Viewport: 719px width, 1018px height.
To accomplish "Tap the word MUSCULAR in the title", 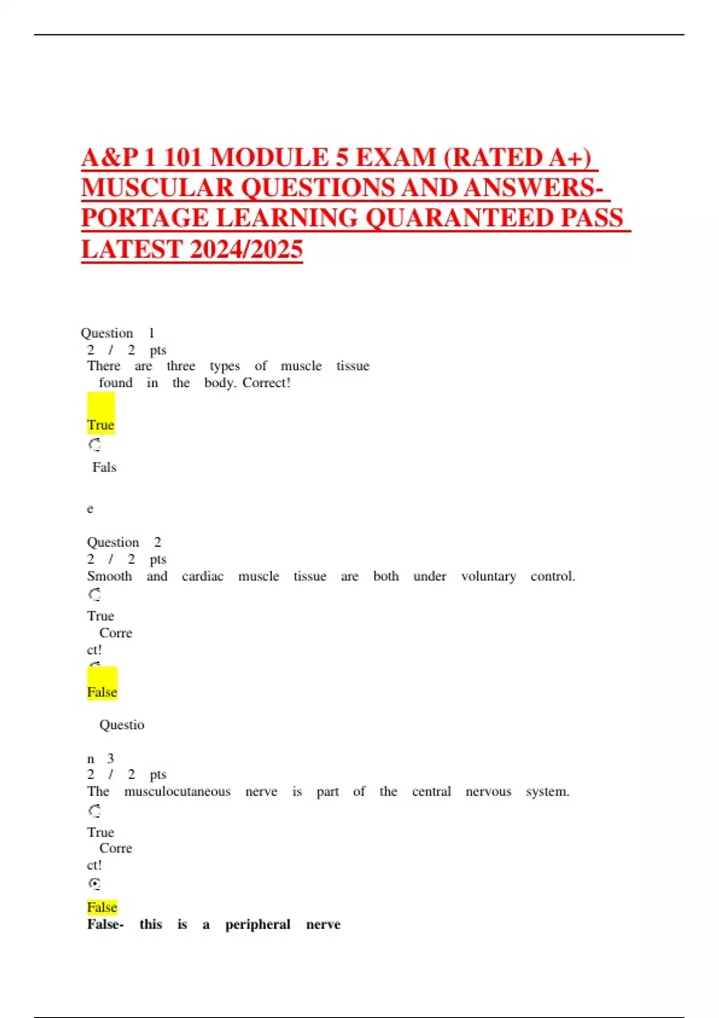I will click(x=157, y=188).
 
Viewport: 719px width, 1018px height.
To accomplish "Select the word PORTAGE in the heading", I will click(x=144, y=218).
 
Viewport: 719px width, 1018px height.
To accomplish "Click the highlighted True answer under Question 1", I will click(x=100, y=425).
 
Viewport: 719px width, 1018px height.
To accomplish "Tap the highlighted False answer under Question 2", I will click(x=102, y=692).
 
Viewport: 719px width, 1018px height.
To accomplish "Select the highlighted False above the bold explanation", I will click(x=102, y=907).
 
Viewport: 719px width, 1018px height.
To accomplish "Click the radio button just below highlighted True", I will click(x=95, y=445).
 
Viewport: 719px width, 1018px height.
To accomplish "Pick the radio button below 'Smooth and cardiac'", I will click(x=95, y=595).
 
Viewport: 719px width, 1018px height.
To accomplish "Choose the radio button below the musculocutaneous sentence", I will click(x=95, y=811).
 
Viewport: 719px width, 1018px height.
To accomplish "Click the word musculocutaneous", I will click(x=177, y=792).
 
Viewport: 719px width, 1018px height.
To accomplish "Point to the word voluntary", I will click(x=488, y=576).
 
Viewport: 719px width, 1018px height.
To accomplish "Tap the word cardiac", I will click(x=203, y=576).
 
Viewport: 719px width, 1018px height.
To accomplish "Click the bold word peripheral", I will click(x=258, y=925).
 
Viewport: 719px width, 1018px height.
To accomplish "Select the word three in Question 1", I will click(x=181, y=366).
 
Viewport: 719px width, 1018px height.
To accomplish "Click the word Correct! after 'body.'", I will click(x=267, y=383).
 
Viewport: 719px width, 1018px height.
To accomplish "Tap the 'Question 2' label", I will click(x=124, y=542).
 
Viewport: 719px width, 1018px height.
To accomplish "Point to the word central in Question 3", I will click(x=431, y=792).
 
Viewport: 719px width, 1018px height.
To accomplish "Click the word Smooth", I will click(x=109, y=576).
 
